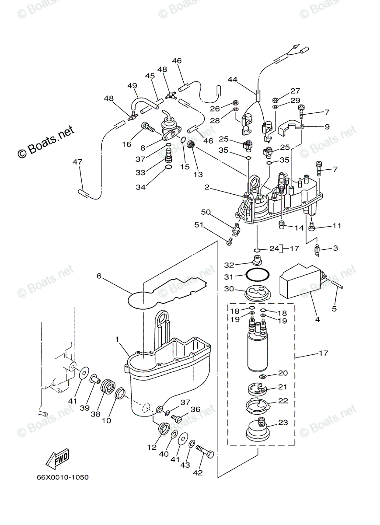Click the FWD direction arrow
[56, 459]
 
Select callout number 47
[77, 162]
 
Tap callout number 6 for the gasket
[99, 276]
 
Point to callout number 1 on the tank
[117, 339]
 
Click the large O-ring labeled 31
[257, 276]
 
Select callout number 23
[283, 423]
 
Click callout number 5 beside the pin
[334, 309]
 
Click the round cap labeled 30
[257, 293]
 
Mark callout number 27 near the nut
[296, 91]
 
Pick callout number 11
[336, 226]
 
